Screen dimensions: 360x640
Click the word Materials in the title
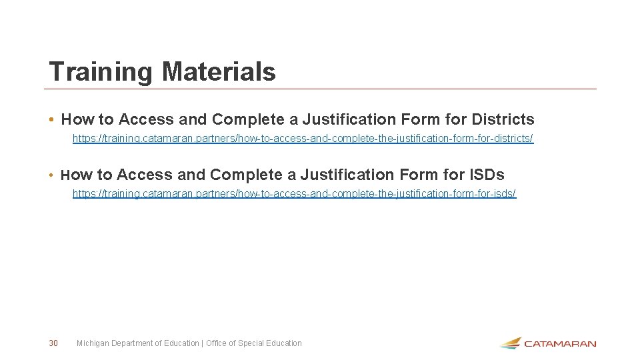coord(219,71)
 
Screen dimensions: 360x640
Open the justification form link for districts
coord(303,139)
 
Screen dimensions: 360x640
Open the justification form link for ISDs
coord(294,193)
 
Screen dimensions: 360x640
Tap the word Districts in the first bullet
coord(503,120)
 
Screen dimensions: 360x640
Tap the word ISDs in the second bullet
coord(487,175)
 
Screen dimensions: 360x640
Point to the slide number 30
coord(53,343)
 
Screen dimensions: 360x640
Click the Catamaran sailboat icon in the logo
coord(511,343)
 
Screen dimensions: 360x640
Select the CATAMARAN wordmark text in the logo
coord(560,344)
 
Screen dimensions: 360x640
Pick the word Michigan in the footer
coord(92,343)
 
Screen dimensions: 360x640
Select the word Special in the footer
coord(251,343)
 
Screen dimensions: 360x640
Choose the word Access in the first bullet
coord(147,120)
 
